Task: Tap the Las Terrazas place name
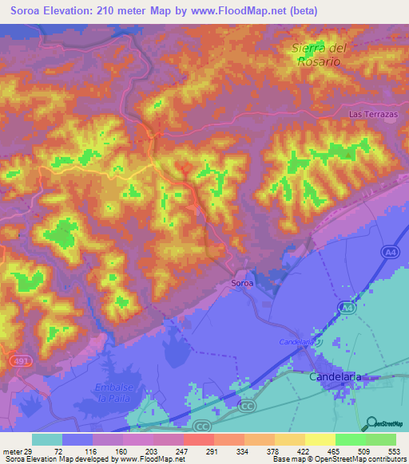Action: pyautogui.click(x=372, y=115)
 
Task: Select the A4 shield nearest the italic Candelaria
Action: pyautogui.click(x=346, y=308)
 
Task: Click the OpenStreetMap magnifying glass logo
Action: pyautogui.click(x=371, y=423)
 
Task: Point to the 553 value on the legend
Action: pyautogui.click(x=392, y=450)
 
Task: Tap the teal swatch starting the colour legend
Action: pyautogui.click(x=46, y=439)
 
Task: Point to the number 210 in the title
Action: pyautogui.click(x=119, y=11)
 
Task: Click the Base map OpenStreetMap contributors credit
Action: pyautogui.click(x=338, y=459)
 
